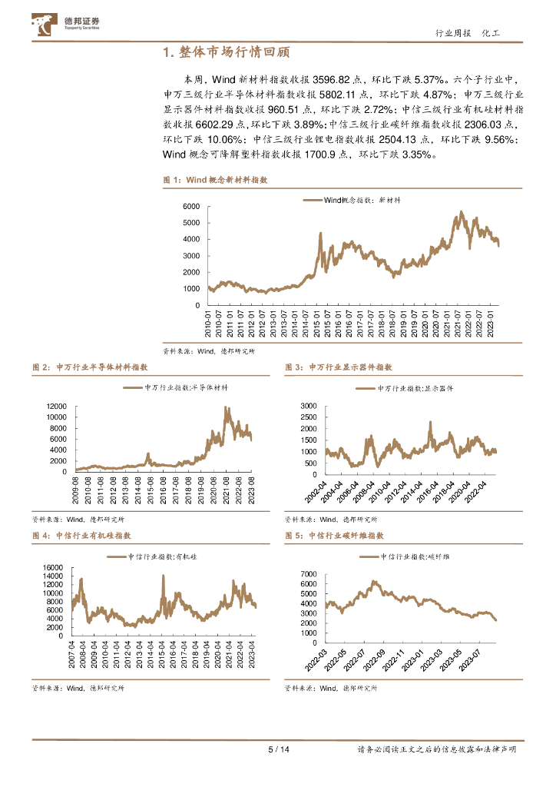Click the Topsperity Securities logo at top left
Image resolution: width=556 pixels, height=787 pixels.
66,24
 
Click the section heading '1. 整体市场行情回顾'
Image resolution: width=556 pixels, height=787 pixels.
227,52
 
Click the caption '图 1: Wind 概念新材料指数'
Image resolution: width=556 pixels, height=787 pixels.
215,179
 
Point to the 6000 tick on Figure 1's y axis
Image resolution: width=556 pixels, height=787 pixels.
190,207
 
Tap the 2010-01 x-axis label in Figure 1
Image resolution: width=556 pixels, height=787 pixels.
210,324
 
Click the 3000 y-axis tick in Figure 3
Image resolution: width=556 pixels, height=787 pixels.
307,405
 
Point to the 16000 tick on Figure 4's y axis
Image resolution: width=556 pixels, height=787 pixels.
51,568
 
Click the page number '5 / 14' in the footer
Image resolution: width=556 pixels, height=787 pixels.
277,749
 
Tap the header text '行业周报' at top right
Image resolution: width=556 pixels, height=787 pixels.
451,33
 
